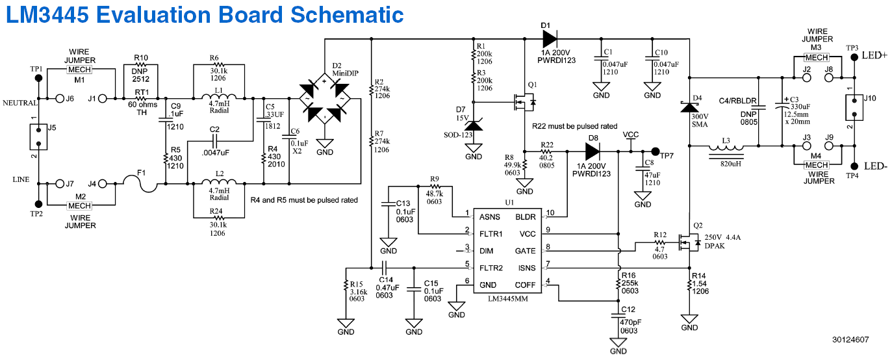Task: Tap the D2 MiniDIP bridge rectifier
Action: (x=324, y=102)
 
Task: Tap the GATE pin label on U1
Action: (x=526, y=251)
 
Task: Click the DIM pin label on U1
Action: (x=486, y=251)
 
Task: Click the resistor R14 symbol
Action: (x=689, y=285)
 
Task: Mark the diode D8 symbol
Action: (x=593, y=151)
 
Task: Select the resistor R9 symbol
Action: (x=435, y=188)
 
